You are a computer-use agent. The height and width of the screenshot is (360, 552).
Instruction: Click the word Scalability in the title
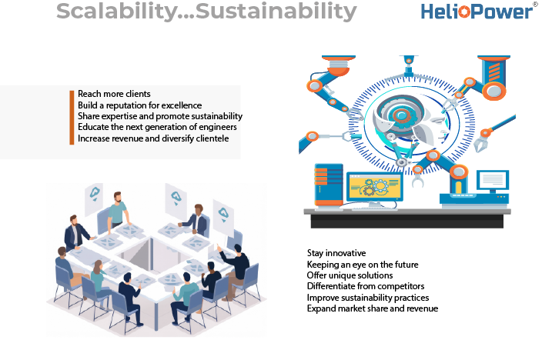tap(117, 12)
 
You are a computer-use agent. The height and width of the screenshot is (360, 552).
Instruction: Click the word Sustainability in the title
tap(276, 12)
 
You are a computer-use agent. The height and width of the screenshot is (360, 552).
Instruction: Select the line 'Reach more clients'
tap(114, 94)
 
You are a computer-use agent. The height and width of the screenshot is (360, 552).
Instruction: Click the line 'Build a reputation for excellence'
tap(140, 105)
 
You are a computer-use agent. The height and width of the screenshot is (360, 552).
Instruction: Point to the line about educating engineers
tap(157, 127)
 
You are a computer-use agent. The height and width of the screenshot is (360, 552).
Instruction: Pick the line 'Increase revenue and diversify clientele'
tap(153, 138)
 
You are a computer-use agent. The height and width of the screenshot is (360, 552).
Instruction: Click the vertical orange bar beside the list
tap(72, 118)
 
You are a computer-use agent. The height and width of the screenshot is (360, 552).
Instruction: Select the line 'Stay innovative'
tap(336, 253)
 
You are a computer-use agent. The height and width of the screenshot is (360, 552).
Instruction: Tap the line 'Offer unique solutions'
tap(350, 275)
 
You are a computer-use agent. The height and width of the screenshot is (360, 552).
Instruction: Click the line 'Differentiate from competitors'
tap(366, 286)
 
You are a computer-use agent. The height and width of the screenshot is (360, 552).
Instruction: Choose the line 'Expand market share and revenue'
tap(373, 308)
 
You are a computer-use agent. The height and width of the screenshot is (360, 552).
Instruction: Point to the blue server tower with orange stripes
tap(329, 185)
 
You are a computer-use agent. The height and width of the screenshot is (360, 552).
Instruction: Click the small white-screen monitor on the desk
tap(493, 180)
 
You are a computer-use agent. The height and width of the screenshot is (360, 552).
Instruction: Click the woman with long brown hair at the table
tap(99, 278)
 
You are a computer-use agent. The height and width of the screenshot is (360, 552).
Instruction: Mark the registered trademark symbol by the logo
tap(536, 4)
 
